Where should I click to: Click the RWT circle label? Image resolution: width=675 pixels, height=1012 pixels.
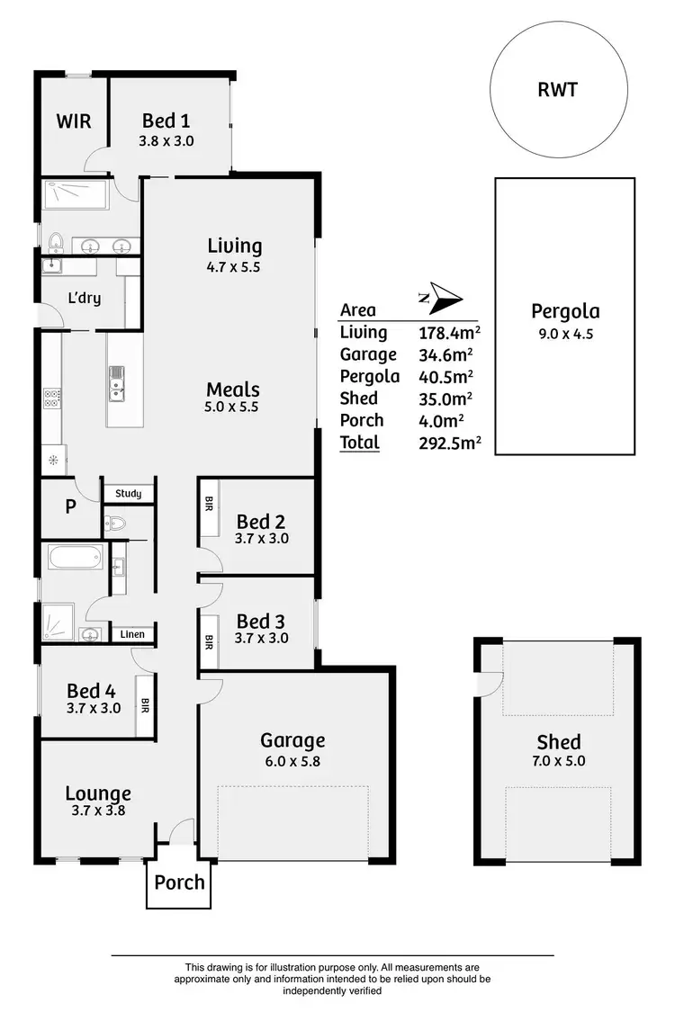tap(558, 90)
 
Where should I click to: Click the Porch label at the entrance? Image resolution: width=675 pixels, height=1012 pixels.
tap(179, 882)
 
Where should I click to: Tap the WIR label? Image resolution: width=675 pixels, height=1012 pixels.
tap(74, 121)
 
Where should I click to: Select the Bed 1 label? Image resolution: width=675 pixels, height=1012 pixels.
tap(166, 121)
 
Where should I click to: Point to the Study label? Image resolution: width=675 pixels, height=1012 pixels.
tap(129, 494)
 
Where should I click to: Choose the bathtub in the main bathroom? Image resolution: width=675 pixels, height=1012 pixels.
tap(77, 557)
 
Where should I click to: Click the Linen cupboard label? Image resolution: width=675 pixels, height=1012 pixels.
tap(132, 634)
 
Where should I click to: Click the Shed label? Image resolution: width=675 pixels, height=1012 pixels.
tap(559, 742)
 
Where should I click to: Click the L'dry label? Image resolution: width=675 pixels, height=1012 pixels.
tap(85, 298)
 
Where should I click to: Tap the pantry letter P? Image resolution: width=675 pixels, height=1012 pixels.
tap(70, 506)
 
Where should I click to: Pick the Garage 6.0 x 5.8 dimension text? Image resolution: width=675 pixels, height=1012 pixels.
tap(292, 760)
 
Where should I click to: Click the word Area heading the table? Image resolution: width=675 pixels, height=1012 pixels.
tap(358, 310)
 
